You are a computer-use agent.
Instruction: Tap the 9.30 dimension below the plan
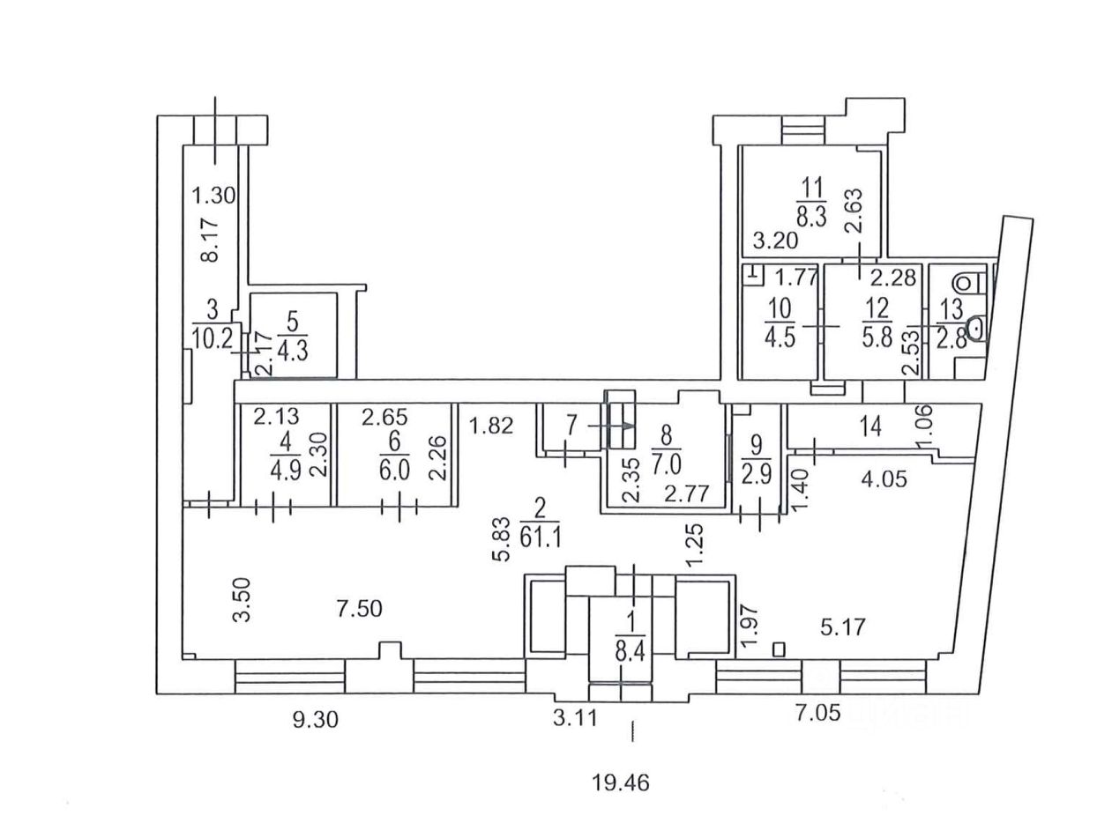tap(316, 720)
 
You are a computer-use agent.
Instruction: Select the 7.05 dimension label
tap(818, 713)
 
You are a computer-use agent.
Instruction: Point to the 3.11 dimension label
tap(576, 719)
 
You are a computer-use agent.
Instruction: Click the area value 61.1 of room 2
tap(541, 538)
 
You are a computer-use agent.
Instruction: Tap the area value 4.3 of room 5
tap(293, 351)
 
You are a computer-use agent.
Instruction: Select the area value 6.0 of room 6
tap(394, 470)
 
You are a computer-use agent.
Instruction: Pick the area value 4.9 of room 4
tap(286, 471)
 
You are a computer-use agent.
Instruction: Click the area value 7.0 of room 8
tap(667, 466)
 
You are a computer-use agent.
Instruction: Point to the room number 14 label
tap(871, 427)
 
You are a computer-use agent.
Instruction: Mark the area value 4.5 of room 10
tap(780, 337)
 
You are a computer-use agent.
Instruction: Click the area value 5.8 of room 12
tap(877, 337)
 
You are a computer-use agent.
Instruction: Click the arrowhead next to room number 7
tap(629, 426)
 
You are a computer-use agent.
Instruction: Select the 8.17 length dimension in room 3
tap(210, 241)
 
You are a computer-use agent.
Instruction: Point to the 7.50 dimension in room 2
tap(359, 609)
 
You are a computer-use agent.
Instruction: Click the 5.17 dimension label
tap(843, 627)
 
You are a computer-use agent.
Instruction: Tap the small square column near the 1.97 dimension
tap(779, 649)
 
